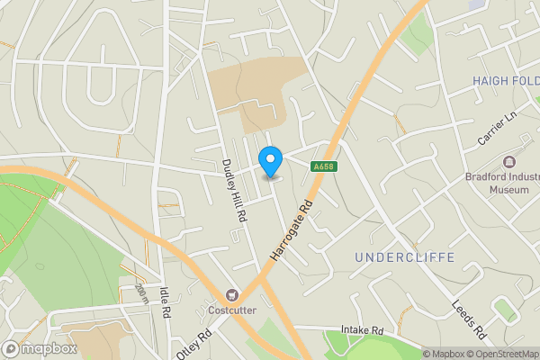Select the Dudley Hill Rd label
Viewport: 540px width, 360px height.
pos(234,190)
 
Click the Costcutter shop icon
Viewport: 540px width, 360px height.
pos(233,295)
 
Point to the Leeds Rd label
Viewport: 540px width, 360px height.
pos(468,315)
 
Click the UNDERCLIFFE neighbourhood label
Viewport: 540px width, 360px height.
pos(404,258)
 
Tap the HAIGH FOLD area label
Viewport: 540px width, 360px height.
pos(506,81)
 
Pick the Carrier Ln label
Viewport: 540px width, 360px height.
pos(496,131)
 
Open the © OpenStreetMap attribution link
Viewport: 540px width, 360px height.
pos(502,354)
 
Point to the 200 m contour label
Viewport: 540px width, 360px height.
pos(141,293)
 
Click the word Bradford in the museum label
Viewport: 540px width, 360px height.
pos(489,176)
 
